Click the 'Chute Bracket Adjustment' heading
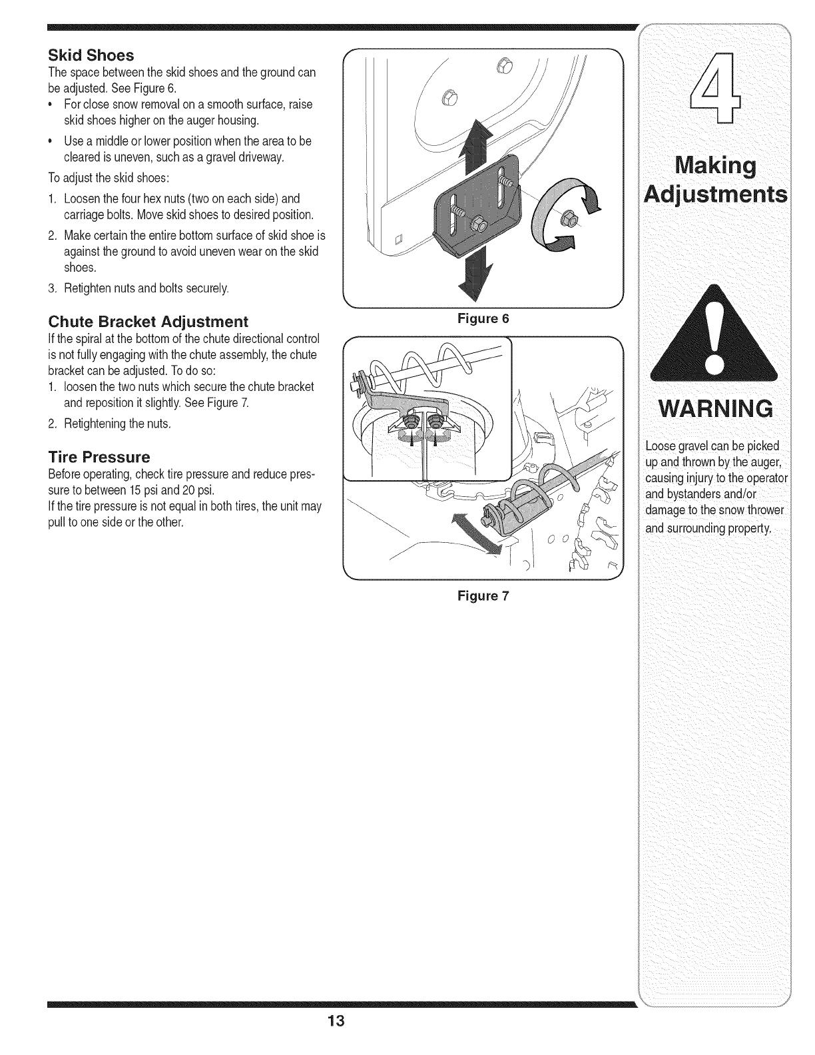148,322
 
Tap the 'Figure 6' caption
483,318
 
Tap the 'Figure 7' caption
483,596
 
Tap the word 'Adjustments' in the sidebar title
714,195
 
